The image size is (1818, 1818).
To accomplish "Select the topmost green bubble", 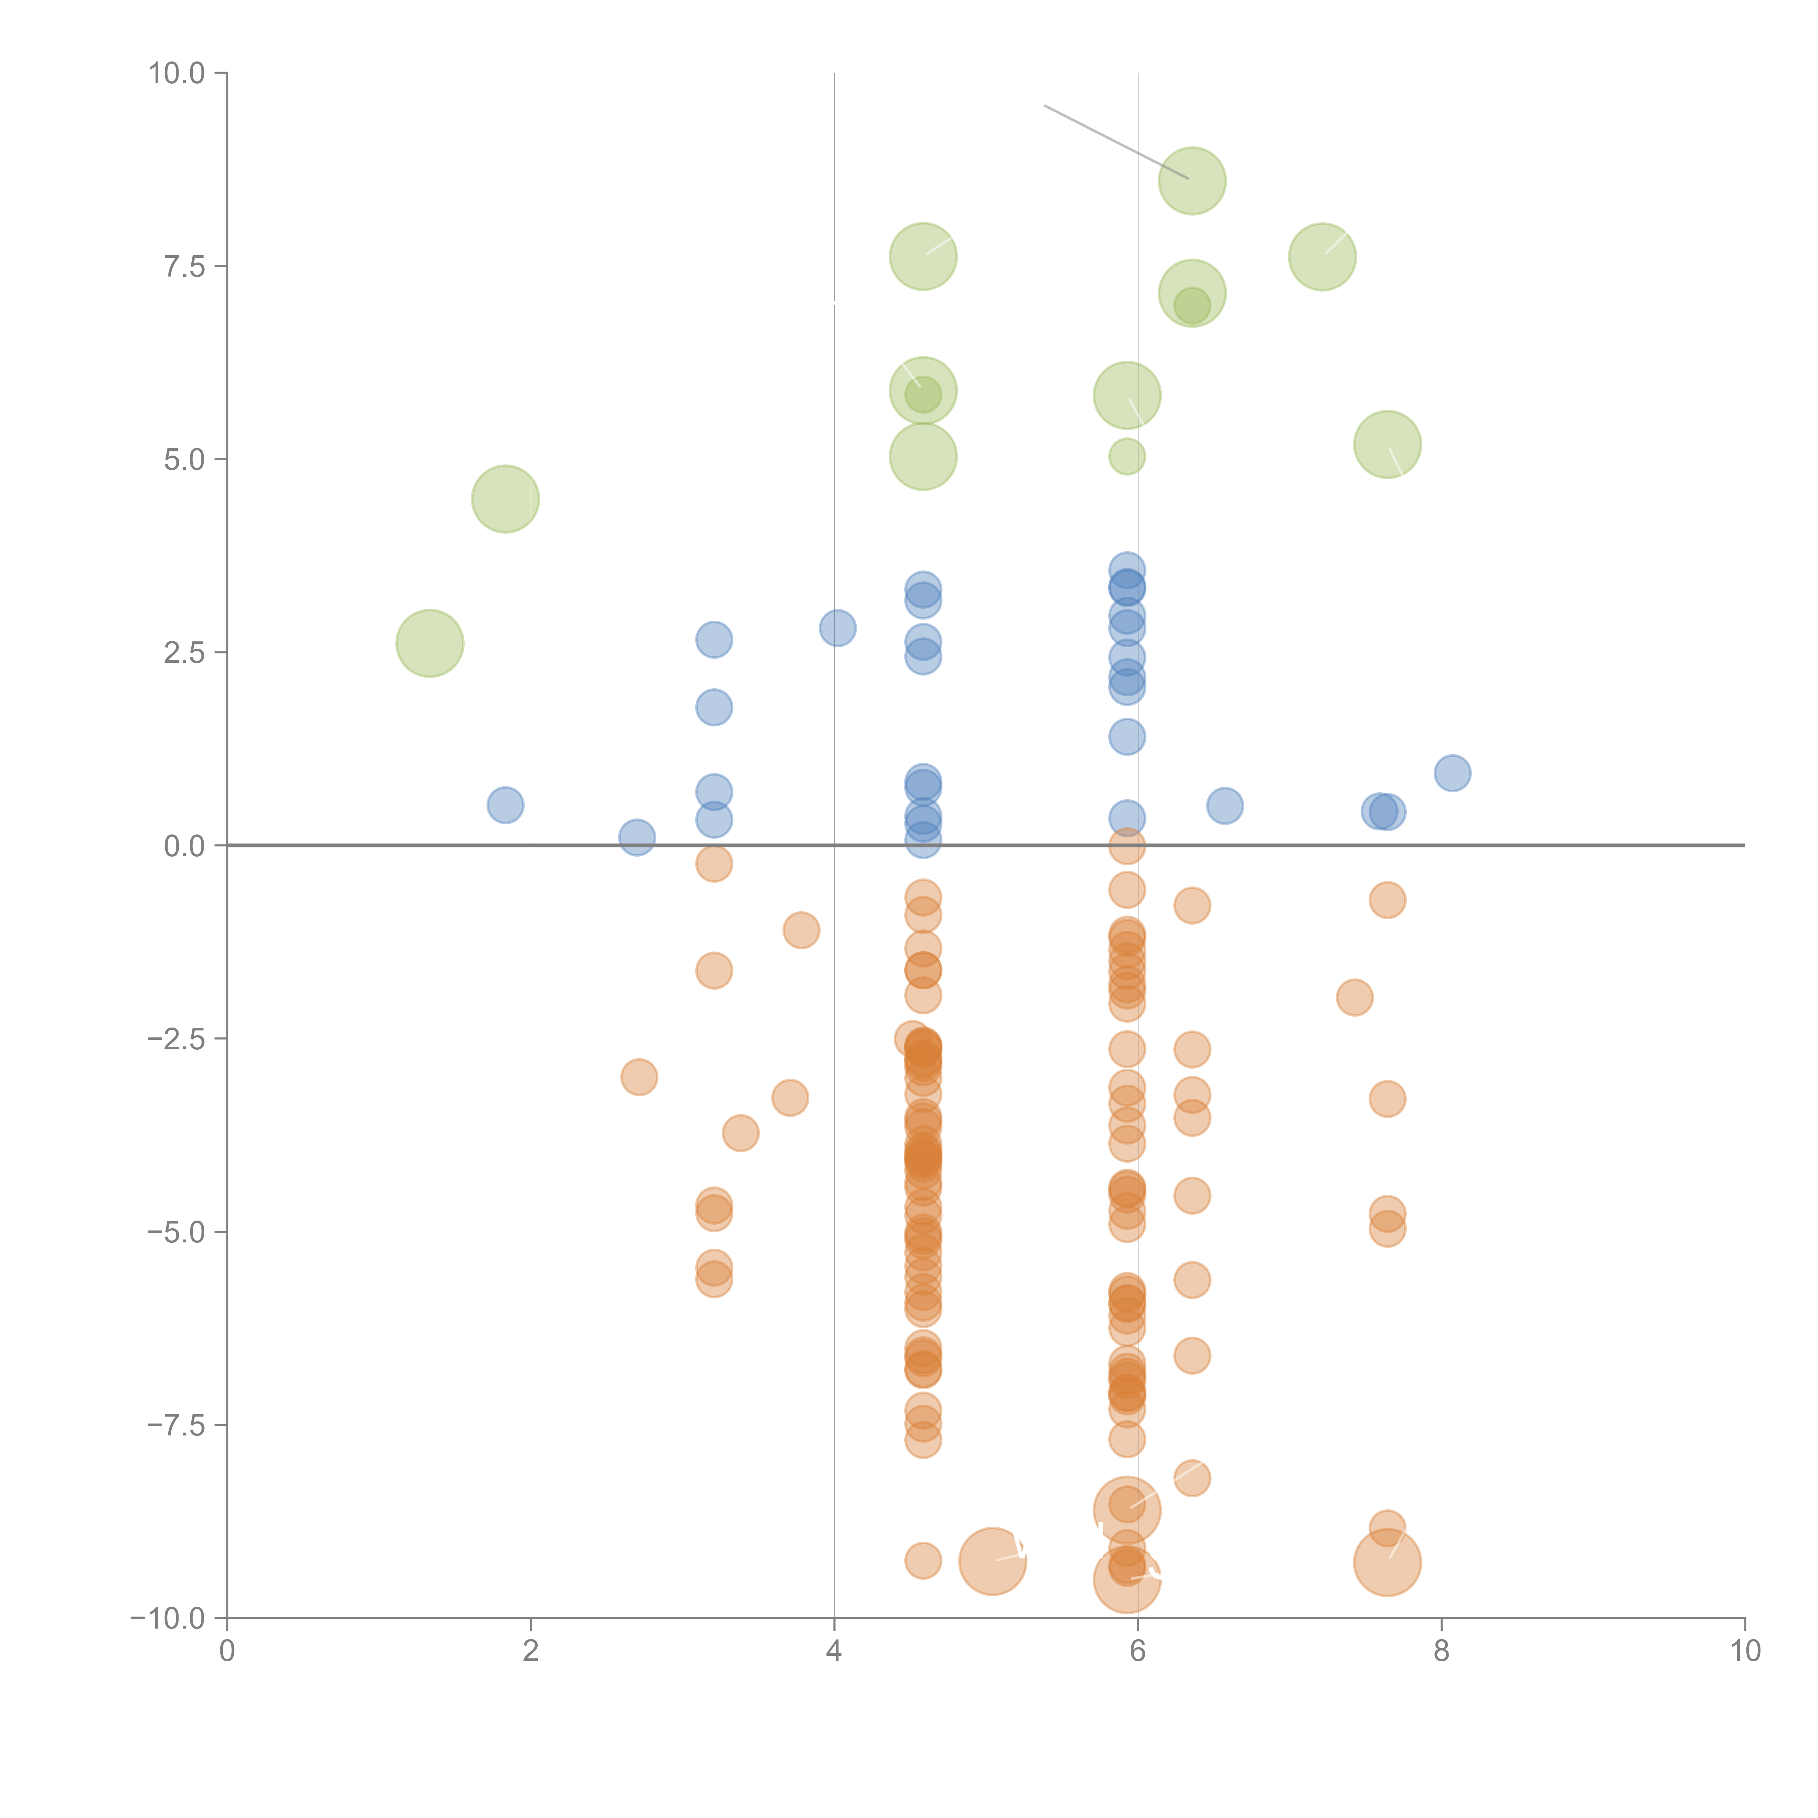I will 1192,181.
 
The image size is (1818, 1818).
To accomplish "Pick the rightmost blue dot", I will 1452,773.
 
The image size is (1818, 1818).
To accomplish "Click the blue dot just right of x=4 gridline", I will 837,628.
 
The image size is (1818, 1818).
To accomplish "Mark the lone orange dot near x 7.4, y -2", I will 1354,997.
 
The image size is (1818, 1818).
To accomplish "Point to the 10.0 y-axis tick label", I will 177,73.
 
